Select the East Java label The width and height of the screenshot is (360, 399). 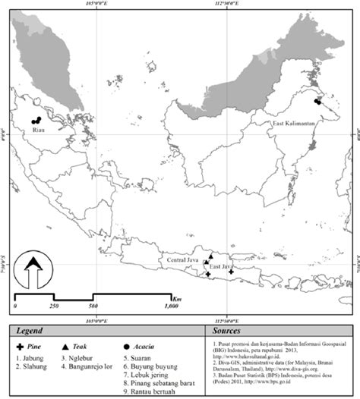point(223,268)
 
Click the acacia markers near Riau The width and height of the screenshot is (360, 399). point(36,121)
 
